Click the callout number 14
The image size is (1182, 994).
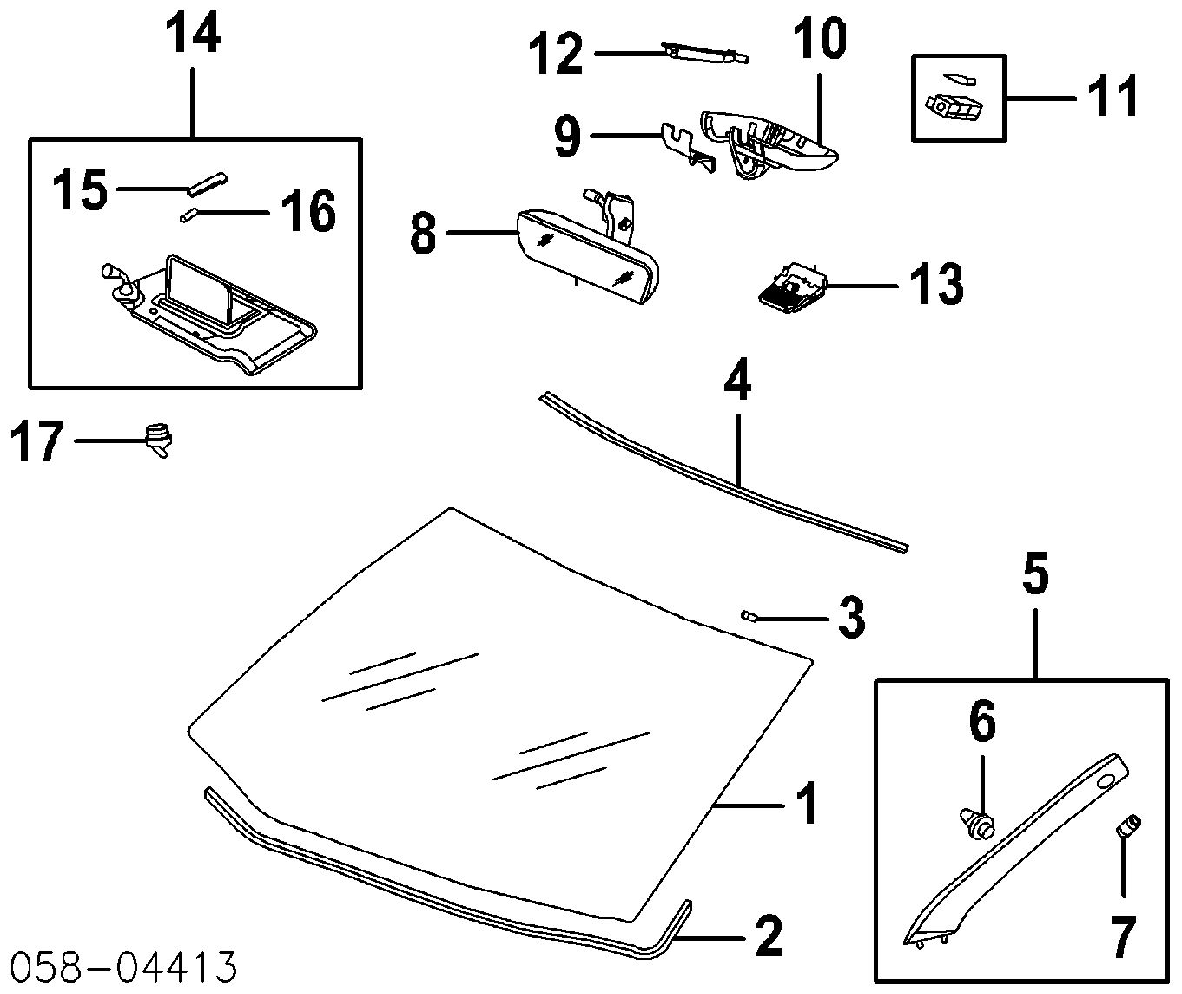point(193,35)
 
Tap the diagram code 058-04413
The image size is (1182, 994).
point(123,967)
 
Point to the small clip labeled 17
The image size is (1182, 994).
point(159,440)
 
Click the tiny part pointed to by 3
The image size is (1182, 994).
point(747,614)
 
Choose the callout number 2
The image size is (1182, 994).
point(769,937)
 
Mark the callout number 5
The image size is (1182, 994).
point(1035,576)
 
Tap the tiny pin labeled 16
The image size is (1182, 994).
point(188,215)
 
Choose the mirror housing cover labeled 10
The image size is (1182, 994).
point(769,142)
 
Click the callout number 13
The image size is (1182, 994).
point(937,284)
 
